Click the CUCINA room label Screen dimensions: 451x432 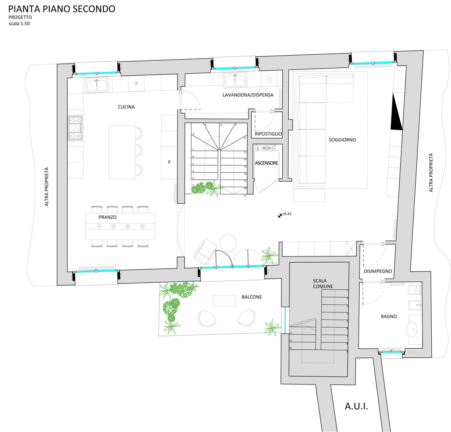coord(126,107)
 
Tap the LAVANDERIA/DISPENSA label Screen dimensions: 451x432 coord(248,95)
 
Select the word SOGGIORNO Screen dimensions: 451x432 coord(342,140)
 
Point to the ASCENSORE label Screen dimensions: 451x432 coord(267,163)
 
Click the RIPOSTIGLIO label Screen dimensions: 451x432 coord(268,134)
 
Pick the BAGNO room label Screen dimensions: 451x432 coord(389,316)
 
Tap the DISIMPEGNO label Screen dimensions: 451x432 coord(378,271)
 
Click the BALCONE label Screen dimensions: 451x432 coord(252,297)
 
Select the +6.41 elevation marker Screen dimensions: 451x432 coord(285,214)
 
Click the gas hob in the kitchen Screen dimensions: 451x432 coord(75,128)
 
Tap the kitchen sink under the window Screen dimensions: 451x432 coord(96,85)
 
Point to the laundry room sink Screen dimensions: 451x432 coord(235,80)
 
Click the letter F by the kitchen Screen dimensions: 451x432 coord(170,162)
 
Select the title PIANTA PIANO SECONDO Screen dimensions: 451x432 coord(62,9)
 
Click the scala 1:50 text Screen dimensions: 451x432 coord(19,24)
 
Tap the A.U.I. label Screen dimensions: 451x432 coord(356,406)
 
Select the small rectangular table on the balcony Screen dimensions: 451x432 coord(224,301)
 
